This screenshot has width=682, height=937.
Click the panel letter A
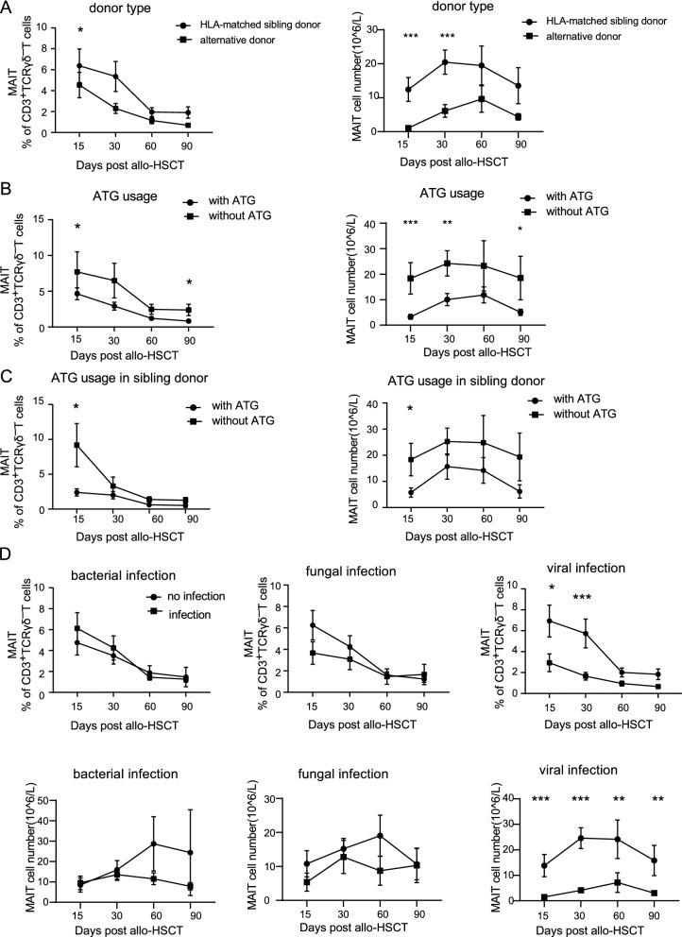pos(8,9)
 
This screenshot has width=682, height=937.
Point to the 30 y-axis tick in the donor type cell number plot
pos(386,28)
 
